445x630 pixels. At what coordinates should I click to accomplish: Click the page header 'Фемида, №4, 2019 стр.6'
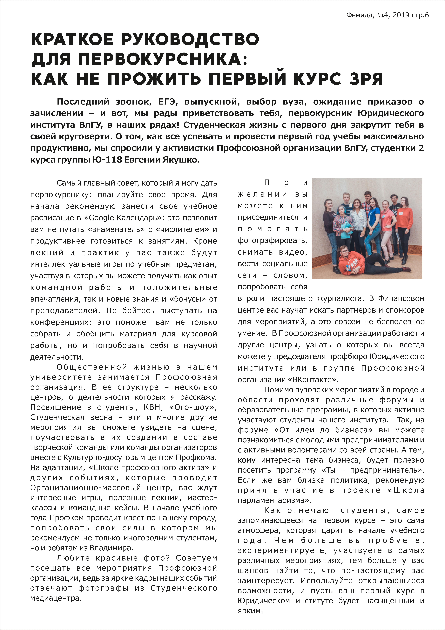(x=387, y=15)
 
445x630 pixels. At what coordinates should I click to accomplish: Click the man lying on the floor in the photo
(x=356, y=261)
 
